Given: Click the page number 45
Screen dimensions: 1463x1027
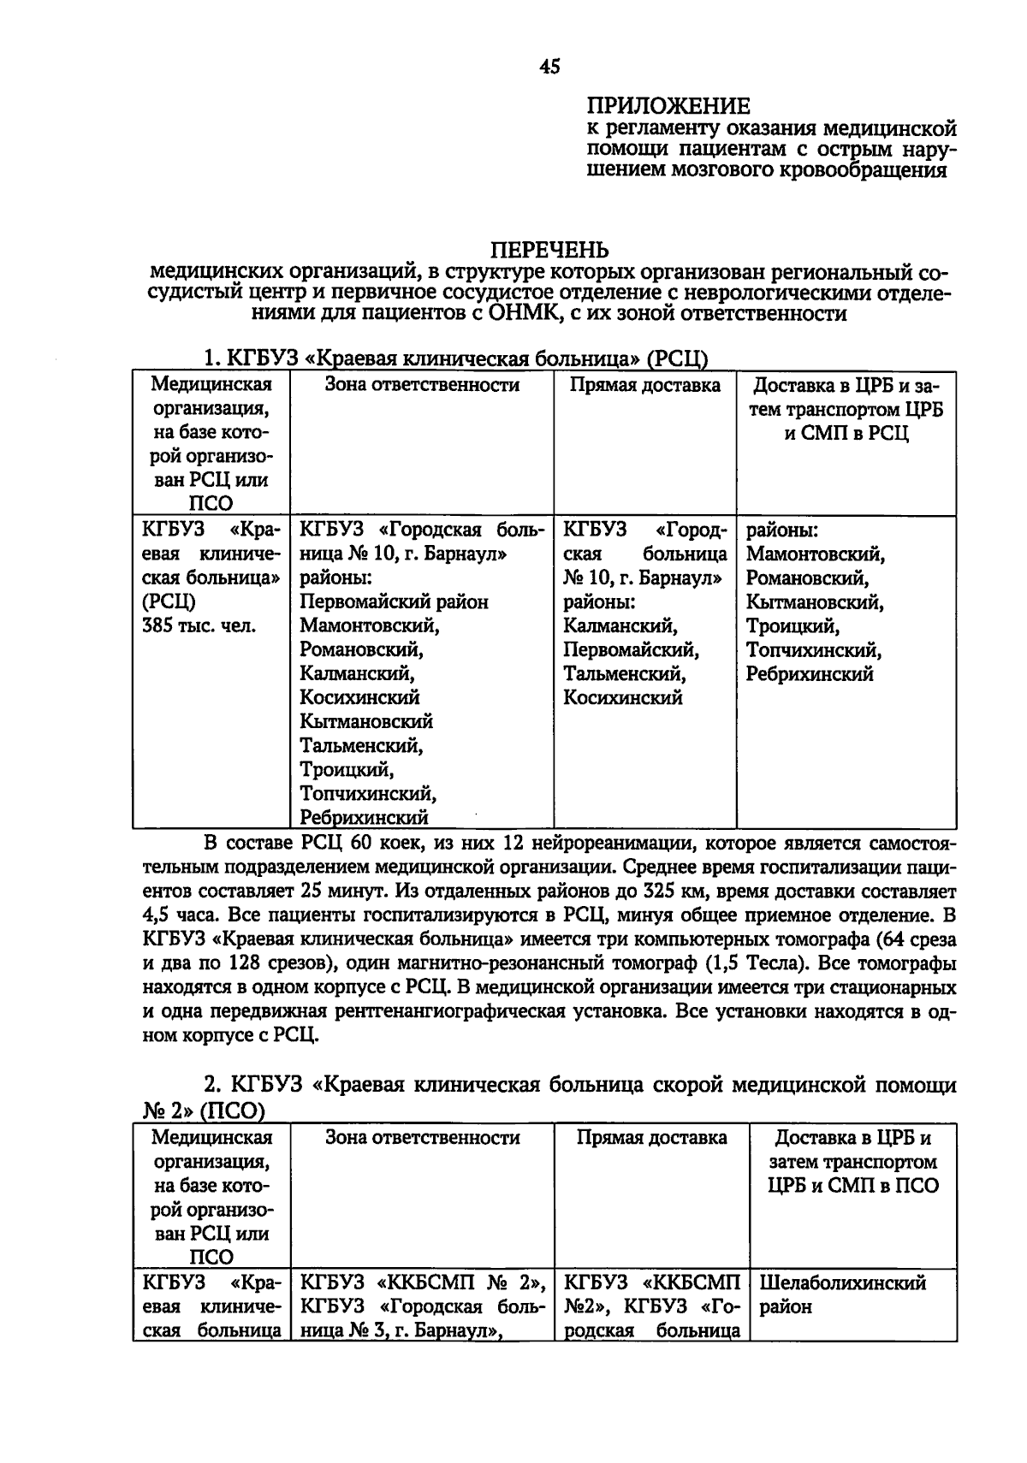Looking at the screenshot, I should click(x=550, y=67).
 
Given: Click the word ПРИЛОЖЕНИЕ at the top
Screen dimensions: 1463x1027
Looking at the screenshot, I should click(x=668, y=106).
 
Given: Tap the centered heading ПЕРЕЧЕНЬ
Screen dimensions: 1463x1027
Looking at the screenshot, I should click(x=549, y=250).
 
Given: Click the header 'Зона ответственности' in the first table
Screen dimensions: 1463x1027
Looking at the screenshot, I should click(x=422, y=385).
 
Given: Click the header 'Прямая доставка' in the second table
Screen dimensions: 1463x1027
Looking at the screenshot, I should click(x=652, y=1138).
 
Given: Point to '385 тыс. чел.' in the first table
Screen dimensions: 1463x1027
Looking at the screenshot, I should click(x=199, y=626).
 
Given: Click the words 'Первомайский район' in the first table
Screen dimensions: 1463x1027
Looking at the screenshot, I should click(x=394, y=602).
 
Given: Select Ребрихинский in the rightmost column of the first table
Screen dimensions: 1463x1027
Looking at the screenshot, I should click(x=810, y=674).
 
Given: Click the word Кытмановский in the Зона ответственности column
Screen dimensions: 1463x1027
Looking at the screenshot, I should click(x=366, y=722).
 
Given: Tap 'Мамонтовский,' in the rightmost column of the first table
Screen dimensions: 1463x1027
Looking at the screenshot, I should click(x=816, y=554).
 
